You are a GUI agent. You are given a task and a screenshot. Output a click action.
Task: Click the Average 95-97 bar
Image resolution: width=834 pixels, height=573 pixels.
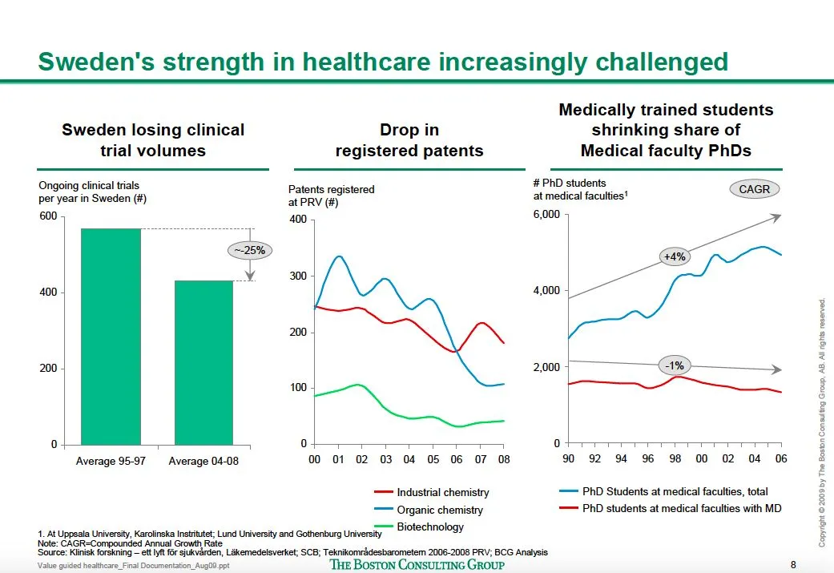pos(111,336)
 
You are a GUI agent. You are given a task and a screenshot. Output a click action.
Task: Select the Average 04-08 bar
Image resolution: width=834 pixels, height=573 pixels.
pos(203,362)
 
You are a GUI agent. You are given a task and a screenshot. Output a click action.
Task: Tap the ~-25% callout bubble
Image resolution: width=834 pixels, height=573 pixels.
pos(250,250)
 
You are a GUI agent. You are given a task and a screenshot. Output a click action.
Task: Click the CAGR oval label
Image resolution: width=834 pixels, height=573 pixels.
pos(754,189)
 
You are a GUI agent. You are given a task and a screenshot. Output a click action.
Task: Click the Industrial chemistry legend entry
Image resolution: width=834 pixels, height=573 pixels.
pos(442,492)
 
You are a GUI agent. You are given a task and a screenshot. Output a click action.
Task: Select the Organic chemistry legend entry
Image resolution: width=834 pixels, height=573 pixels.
pos(440,510)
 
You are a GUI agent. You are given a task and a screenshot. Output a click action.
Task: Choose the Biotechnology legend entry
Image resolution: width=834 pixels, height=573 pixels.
pos(430,527)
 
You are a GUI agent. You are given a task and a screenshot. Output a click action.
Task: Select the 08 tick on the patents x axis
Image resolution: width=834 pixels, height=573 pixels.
pos(503,460)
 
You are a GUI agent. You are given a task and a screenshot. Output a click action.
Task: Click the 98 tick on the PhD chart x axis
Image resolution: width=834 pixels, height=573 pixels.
pos(675,459)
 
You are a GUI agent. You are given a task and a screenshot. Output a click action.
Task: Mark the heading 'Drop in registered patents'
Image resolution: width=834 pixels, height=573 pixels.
pos(409,140)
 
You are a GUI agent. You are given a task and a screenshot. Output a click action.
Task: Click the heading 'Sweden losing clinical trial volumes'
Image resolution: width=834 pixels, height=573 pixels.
pos(153,140)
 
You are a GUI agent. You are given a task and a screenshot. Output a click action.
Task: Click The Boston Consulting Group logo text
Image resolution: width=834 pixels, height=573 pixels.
pos(417,564)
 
